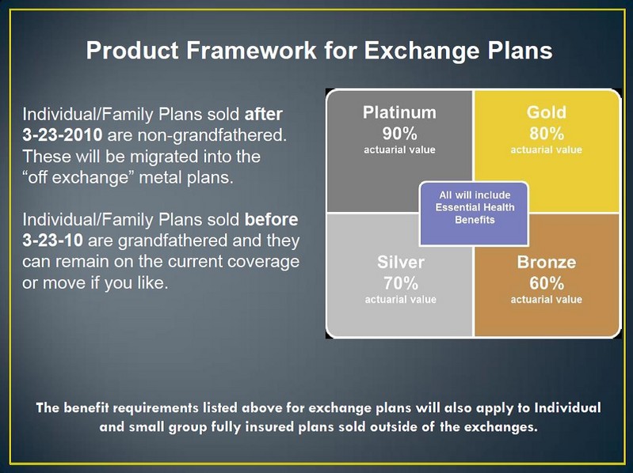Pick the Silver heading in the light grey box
point(400,263)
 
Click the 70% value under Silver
point(400,282)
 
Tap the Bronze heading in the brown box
point(546,263)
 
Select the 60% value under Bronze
point(546,282)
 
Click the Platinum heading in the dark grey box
point(399,112)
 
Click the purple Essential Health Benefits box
point(473,208)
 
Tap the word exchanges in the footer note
point(496,427)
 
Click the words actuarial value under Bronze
point(546,300)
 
